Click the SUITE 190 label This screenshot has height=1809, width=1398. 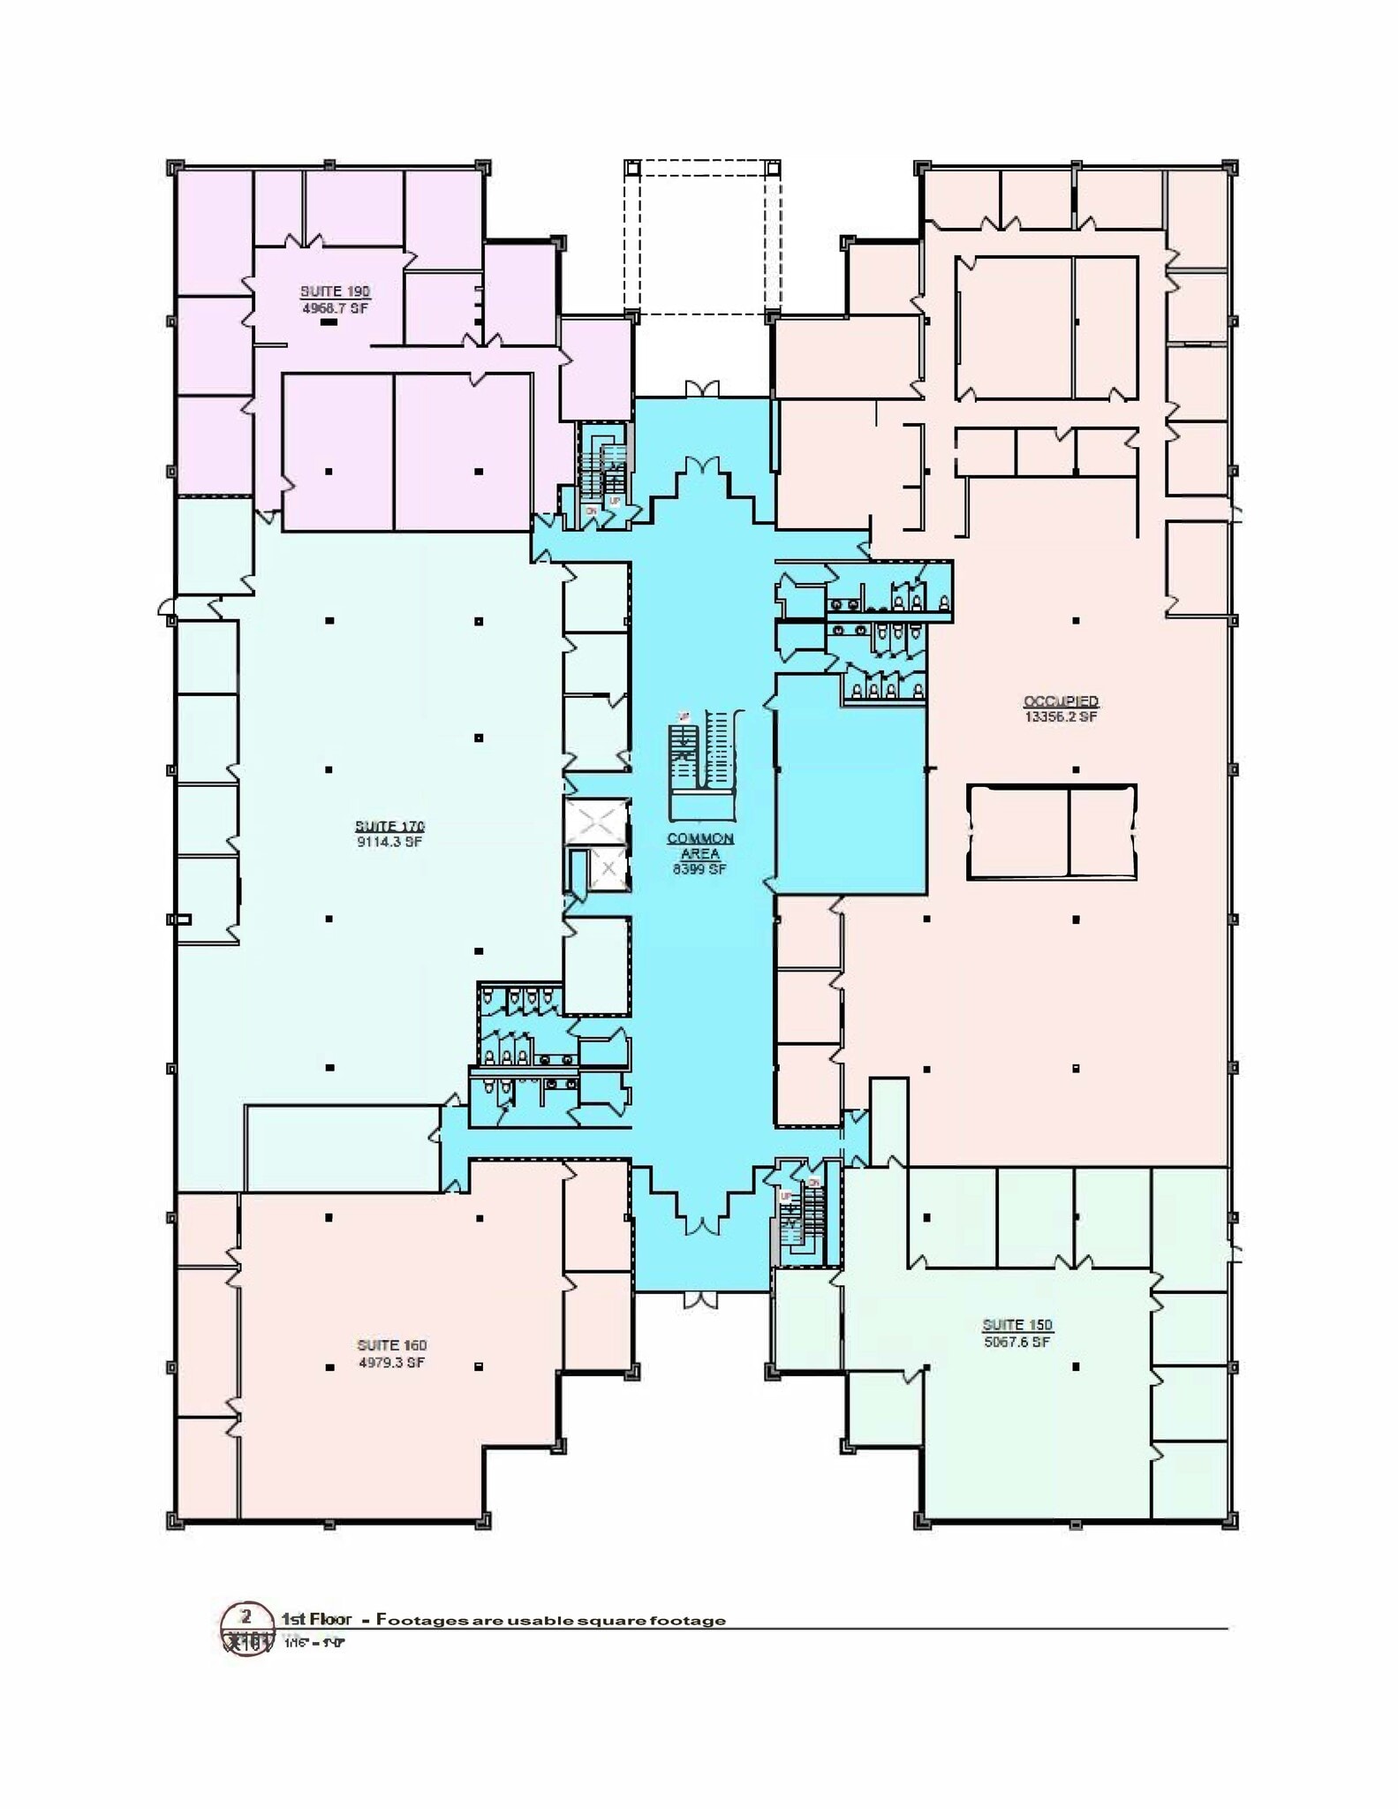[335, 291]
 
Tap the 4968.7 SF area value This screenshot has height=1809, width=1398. [335, 309]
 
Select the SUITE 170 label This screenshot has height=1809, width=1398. [389, 827]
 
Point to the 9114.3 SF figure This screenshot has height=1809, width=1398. [389, 843]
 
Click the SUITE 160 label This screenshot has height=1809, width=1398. [391, 1345]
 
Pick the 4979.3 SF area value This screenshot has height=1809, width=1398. [391, 1363]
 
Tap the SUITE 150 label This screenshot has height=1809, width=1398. [1017, 1325]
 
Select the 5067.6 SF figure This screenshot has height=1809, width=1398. [1017, 1342]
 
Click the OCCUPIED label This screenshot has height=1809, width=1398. [1061, 701]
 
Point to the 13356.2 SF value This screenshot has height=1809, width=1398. [1061, 717]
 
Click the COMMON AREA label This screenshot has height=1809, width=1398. [700, 846]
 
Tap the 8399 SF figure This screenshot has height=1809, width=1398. [699, 870]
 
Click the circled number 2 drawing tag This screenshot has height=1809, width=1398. [246, 1617]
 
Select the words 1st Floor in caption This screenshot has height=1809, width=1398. [316, 1619]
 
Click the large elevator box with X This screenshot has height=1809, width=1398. [598, 821]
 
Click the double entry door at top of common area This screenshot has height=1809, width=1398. [703, 390]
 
